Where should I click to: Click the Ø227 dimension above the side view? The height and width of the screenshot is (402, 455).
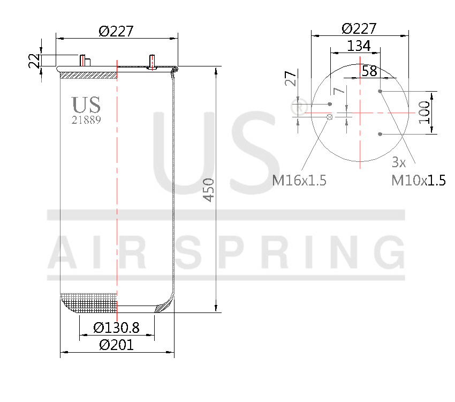[x=116, y=32]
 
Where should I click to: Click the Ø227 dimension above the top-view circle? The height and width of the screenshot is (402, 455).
[x=359, y=28]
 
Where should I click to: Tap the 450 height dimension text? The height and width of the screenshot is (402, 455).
[x=209, y=190]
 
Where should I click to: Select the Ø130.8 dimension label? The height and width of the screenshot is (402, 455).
[x=116, y=327]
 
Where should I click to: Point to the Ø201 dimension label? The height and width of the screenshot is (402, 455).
[x=116, y=345]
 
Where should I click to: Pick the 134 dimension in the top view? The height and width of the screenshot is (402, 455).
[x=359, y=46]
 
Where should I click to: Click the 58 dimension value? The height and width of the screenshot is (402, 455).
[x=369, y=71]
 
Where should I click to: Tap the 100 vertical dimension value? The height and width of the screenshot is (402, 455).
[x=424, y=112]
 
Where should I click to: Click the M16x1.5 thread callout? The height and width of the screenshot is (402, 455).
[x=299, y=181]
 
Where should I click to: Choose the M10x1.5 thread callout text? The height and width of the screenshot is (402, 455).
[x=418, y=181]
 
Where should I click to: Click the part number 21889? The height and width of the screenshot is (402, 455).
[x=86, y=120]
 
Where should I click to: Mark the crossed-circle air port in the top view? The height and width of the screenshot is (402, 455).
[x=330, y=116]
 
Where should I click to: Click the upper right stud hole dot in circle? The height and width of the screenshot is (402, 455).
[x=380, y=91]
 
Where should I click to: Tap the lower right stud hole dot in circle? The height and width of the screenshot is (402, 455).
[x=380, y=133]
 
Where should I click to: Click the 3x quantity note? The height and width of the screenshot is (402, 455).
[x=399, y=161]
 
